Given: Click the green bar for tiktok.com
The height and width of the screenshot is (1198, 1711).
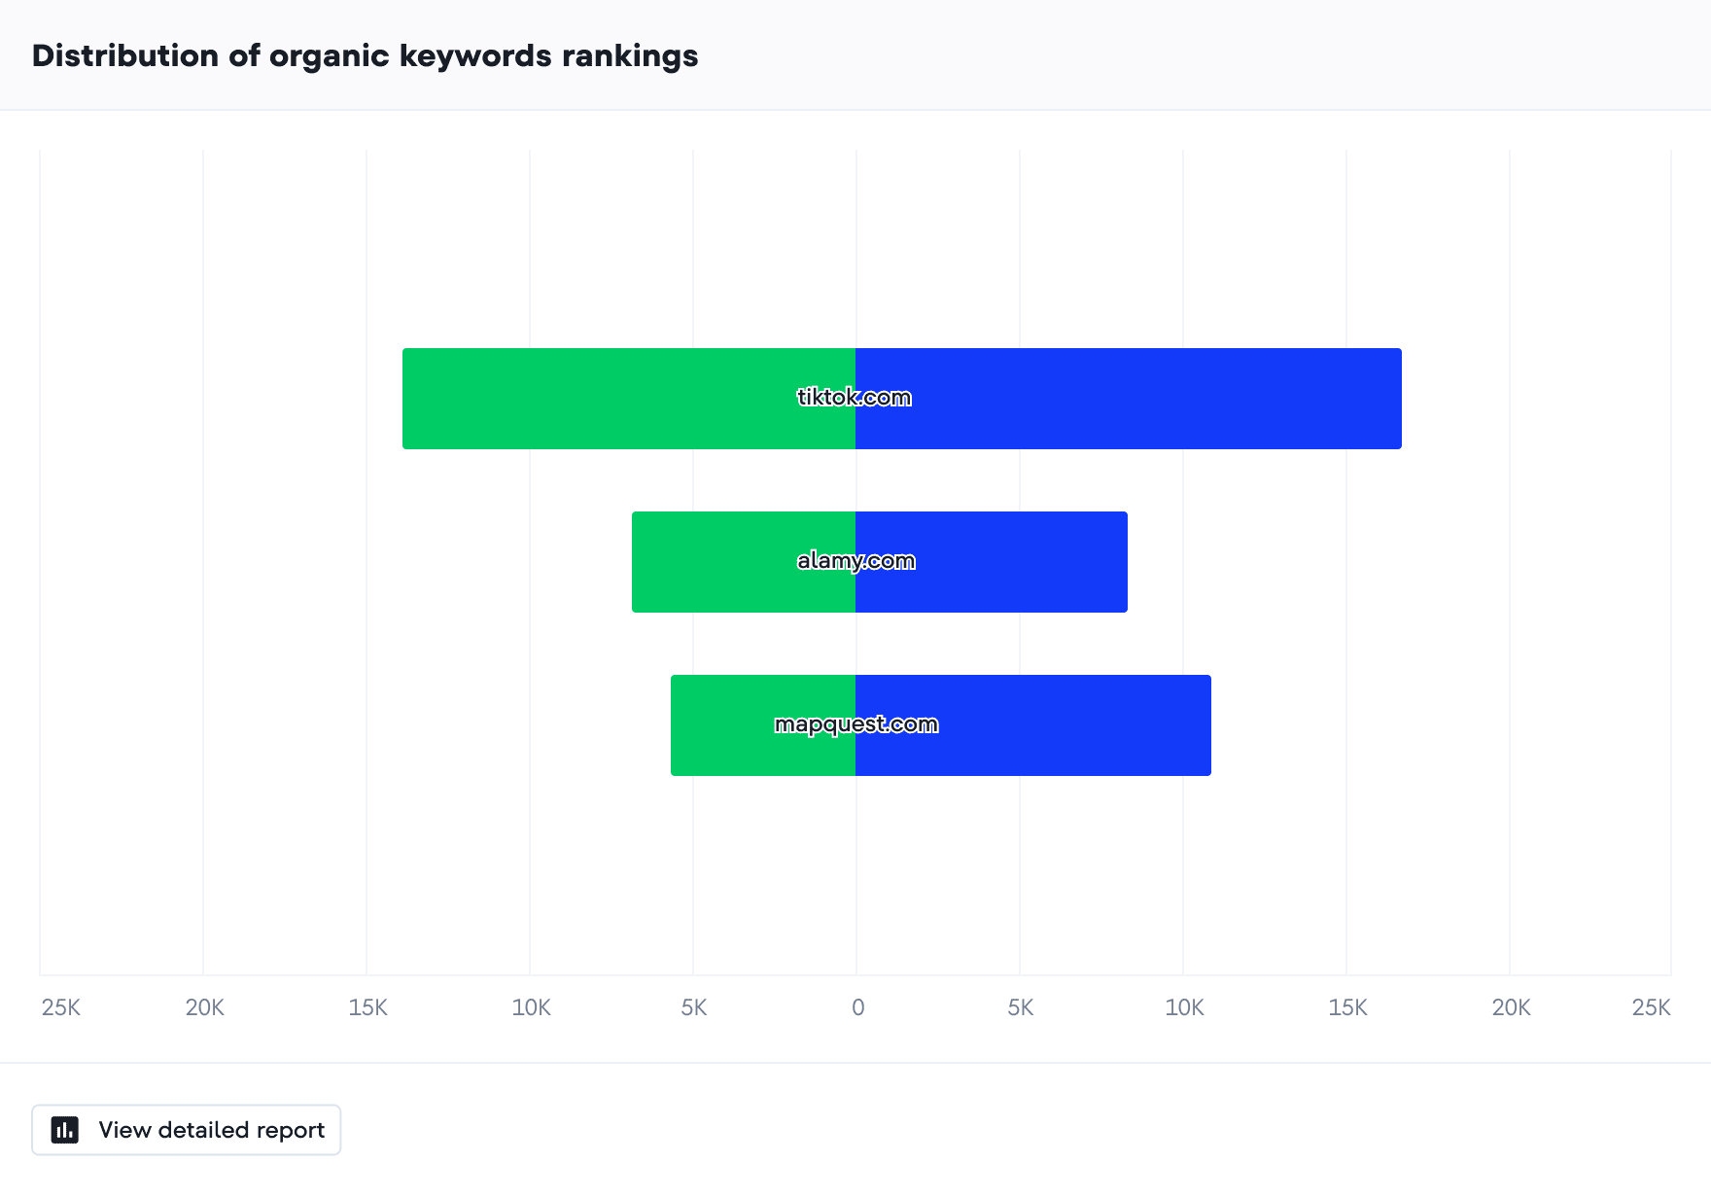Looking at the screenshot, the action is (629, 399).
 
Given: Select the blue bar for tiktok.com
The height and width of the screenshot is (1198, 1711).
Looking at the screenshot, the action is (1129, 399).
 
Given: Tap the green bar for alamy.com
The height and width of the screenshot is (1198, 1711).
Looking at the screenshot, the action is (744, 562).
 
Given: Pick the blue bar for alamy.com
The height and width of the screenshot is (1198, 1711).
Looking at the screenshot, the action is (992, 562).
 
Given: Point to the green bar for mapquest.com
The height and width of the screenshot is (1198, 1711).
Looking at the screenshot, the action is (763, 725).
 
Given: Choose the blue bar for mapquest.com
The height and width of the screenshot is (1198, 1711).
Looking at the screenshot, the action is (1033, 725).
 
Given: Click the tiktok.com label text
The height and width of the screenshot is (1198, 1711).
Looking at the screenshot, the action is (855, 397).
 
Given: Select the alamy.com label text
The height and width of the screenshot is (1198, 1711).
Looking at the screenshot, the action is (855, 561).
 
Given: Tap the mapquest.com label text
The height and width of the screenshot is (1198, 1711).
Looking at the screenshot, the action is (856, 724).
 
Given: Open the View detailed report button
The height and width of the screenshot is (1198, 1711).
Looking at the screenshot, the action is (187, 1130).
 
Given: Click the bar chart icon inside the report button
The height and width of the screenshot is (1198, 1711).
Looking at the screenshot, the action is (65, 1130).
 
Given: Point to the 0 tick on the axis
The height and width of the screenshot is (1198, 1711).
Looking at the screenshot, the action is (857, 1007).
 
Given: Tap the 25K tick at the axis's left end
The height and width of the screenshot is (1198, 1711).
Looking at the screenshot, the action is (61, 1007).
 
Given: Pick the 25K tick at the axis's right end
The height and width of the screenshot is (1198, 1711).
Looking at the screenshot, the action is (1651, 1007).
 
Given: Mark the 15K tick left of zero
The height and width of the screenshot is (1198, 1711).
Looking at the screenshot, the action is (368, 1007).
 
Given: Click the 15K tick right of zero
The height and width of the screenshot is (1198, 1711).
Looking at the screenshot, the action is (1348, 1007).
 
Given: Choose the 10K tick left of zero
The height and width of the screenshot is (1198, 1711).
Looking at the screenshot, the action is (532, 1007).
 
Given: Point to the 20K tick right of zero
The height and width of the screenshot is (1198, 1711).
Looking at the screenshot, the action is (1512, 1007).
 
